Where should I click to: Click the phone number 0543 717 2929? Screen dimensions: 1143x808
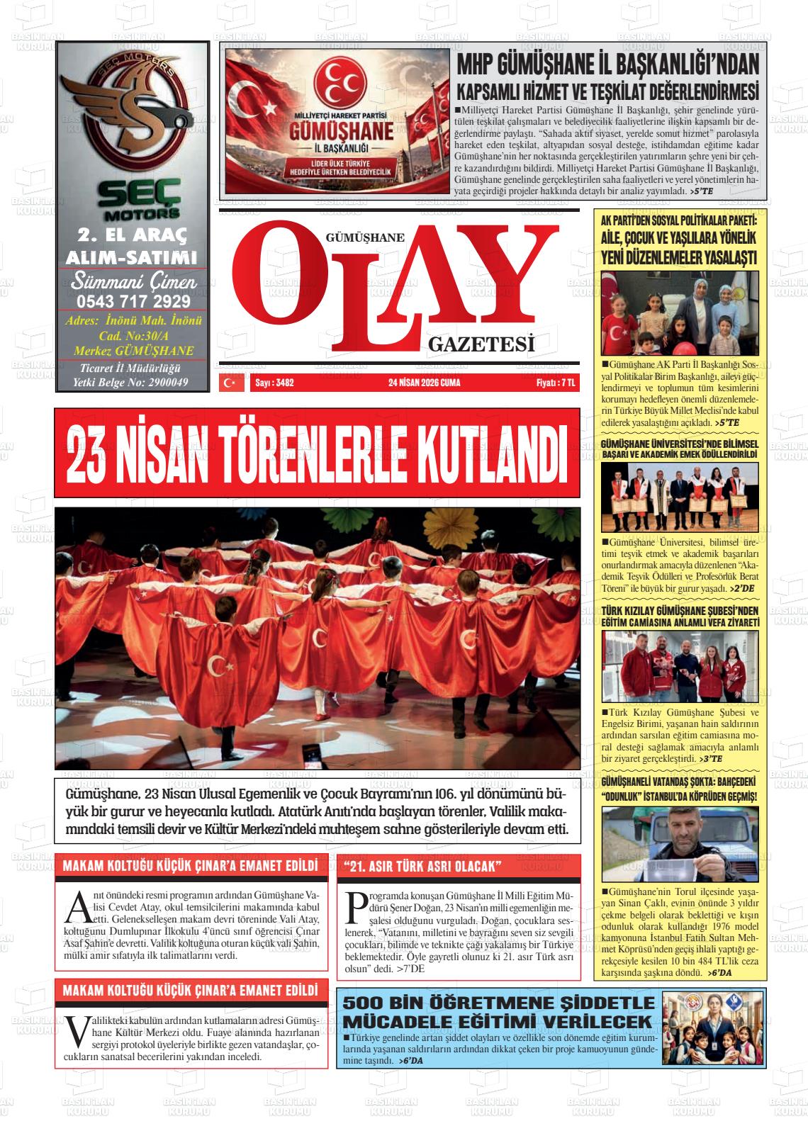click(x=132, y=300)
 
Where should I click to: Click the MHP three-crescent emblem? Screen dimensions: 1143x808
click(x=337, y=77)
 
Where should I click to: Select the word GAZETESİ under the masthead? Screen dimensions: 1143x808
click(x=481, y=346)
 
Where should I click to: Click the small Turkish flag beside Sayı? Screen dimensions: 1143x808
click(x=230, y=383)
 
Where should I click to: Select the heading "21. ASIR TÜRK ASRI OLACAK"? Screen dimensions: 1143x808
click(x=422, y=867)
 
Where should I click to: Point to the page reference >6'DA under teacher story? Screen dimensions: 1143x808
click(x=410, y=1061)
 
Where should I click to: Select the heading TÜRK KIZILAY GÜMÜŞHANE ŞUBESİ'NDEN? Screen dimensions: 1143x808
click(x=680, y=610)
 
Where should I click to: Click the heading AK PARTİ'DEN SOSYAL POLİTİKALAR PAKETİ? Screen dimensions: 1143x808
click(x=679, y=220)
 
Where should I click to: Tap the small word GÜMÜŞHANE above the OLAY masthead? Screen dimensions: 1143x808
click(x=364, y=238)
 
